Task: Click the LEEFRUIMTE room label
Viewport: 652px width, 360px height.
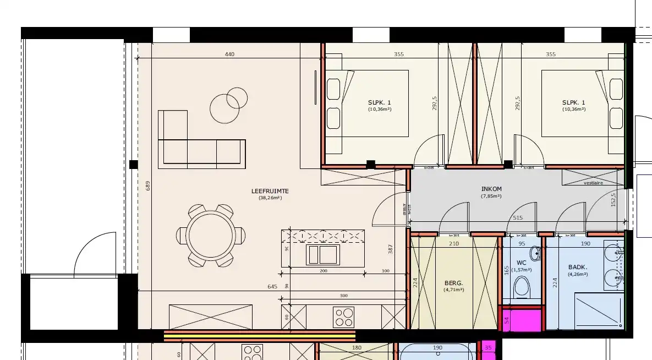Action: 270,192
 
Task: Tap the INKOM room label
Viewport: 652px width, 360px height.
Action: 491,189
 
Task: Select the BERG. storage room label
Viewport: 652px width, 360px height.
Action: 454,283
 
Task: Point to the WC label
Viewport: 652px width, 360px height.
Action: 522,263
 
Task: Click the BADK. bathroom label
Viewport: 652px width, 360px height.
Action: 578,268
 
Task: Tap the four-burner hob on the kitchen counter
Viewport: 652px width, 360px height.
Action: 344,317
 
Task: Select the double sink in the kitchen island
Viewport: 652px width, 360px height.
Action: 323,254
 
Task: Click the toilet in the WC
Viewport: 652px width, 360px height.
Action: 520,287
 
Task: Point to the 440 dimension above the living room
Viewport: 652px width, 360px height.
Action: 229,54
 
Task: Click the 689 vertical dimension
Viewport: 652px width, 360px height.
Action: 147,186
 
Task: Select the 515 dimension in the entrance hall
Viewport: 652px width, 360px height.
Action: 517,218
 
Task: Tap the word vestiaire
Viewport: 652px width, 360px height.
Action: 593,182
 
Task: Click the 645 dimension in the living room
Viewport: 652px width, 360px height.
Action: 272,286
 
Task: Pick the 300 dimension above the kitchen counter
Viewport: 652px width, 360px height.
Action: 344,296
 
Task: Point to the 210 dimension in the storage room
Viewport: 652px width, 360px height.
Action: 454,243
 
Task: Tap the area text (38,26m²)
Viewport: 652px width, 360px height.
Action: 270,198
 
